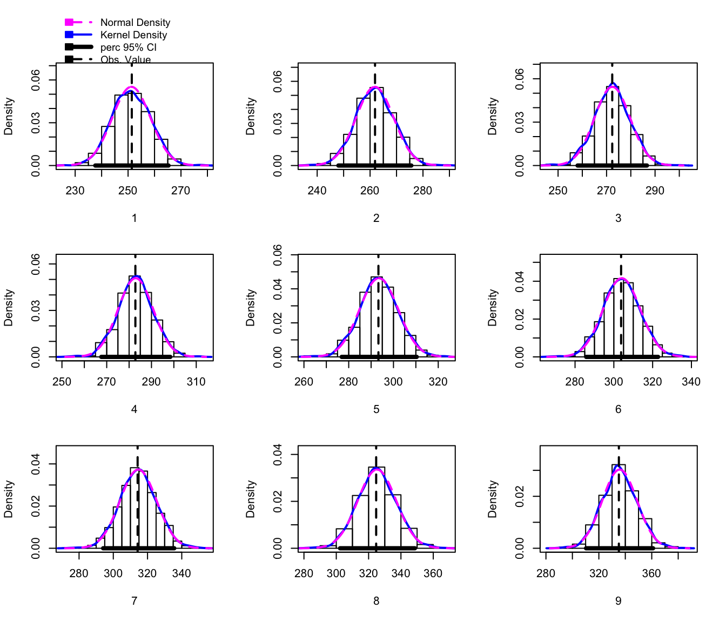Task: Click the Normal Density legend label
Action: coord(135,23)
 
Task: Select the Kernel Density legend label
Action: coord(133,35)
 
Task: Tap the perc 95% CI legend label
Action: coord(128,48)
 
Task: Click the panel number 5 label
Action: coord(377,409)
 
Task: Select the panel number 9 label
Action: coord(619,601)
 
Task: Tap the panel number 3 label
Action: coord(619,218)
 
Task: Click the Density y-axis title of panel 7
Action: coord(9,499)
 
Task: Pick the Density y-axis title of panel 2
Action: coord(251,116)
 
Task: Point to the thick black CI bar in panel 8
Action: coord(377,548)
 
